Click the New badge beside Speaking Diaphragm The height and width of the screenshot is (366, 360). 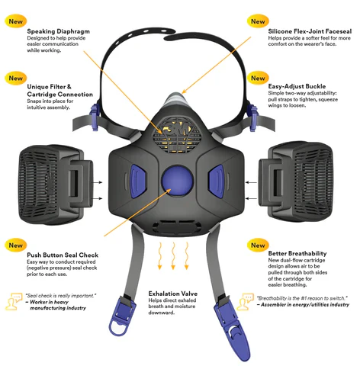coord(16,22)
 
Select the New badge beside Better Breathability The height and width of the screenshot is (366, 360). coord(258,245)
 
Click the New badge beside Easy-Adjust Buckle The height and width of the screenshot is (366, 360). coord(258,78)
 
